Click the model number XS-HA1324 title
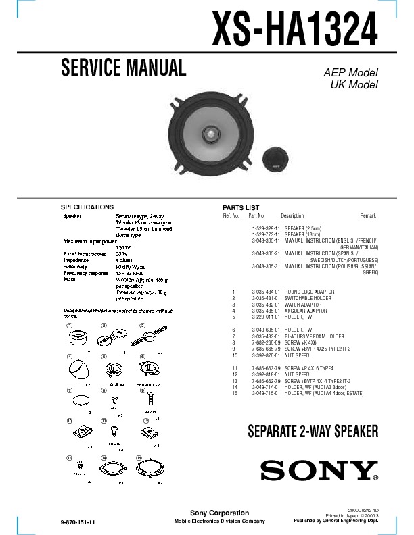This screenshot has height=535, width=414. [295, 29]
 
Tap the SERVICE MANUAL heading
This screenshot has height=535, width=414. [123, 68]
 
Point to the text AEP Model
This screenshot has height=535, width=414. [350, 73]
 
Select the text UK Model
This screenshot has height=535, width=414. [353, 85]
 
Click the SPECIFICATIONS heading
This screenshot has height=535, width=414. [87, 207]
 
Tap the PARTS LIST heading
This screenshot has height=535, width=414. [241, 207]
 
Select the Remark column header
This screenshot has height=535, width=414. [368, 215]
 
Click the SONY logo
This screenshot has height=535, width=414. [319, 471]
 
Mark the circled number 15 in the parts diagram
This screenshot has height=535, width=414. [139, 458]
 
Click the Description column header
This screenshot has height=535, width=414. [292, 215]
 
